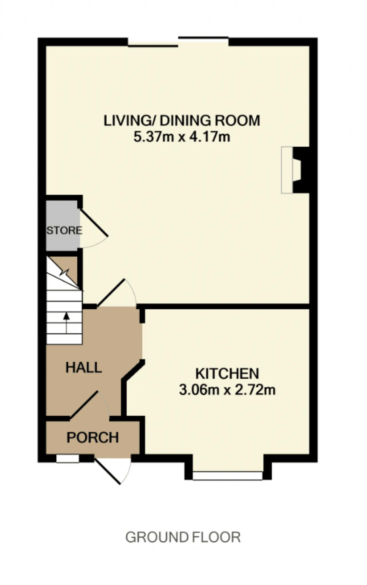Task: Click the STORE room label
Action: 65,230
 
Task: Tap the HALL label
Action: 84,367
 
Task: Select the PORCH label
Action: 93,437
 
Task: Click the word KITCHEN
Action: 227,374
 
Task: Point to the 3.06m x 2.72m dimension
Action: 227,390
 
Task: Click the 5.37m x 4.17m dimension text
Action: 182,137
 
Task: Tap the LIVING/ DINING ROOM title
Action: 182,120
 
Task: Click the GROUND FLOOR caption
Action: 183,537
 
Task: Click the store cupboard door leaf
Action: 94,223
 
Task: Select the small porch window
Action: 68,459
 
